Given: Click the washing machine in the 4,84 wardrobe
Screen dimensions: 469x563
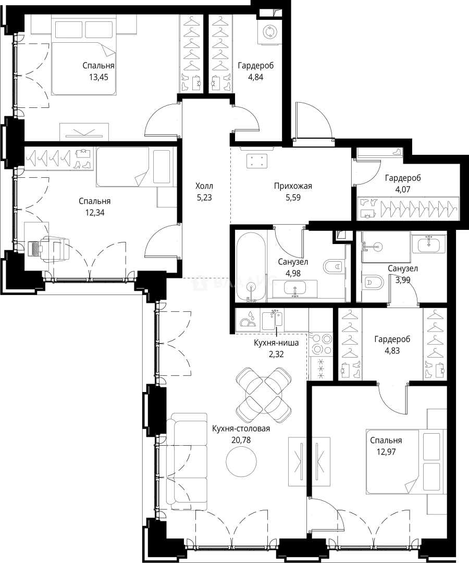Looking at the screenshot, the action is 268,32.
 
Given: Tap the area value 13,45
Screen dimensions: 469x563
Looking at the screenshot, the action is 98,77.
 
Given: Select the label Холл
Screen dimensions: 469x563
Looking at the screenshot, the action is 204,186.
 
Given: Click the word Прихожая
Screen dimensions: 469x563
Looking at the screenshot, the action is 293,186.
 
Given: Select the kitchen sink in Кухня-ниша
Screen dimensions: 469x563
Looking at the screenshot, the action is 273,320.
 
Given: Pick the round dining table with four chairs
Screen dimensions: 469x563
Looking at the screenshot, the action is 264,395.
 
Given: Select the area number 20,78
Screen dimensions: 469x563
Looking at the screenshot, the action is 241,440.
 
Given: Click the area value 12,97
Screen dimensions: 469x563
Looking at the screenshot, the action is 386,451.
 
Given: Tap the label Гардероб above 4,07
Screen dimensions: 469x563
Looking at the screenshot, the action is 403,178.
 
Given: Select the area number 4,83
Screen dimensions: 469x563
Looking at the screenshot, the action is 392,350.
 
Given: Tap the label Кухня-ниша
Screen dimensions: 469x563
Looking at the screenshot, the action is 276,343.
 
